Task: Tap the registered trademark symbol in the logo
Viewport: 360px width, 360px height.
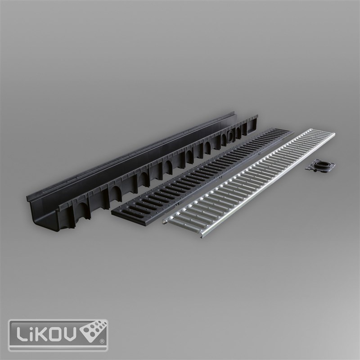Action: (102, 342)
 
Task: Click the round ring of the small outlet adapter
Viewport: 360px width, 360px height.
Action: (321, 164)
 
